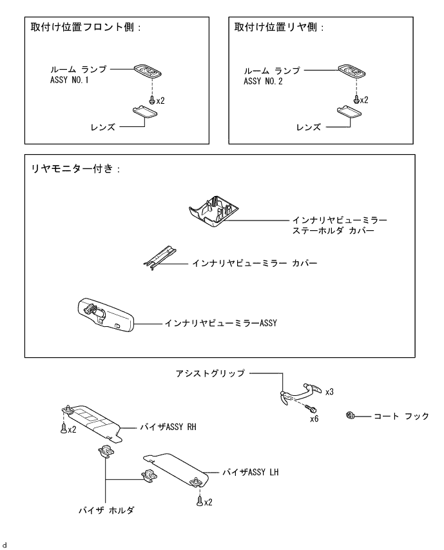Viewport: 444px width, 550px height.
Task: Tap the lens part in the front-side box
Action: [147, 115]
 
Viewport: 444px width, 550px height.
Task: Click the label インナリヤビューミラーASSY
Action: [220, 322]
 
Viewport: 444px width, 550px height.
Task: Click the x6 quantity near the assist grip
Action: [314, 418]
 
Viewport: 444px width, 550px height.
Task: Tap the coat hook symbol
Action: [351, 415]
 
